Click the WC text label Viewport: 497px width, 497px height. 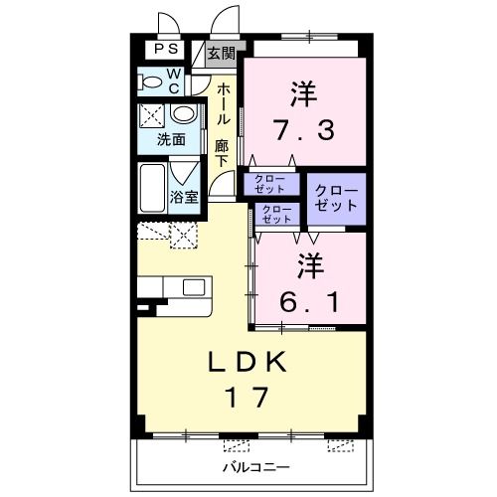coord(173,80)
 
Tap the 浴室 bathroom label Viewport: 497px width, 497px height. coord(185,196)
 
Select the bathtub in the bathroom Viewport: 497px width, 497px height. coord(153,186)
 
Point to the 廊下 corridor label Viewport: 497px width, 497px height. coord(223,152)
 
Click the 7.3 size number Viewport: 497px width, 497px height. coord(304,127)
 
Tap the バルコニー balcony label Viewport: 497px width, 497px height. coord(254,466)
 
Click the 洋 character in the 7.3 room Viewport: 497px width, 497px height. coord(303,93)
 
